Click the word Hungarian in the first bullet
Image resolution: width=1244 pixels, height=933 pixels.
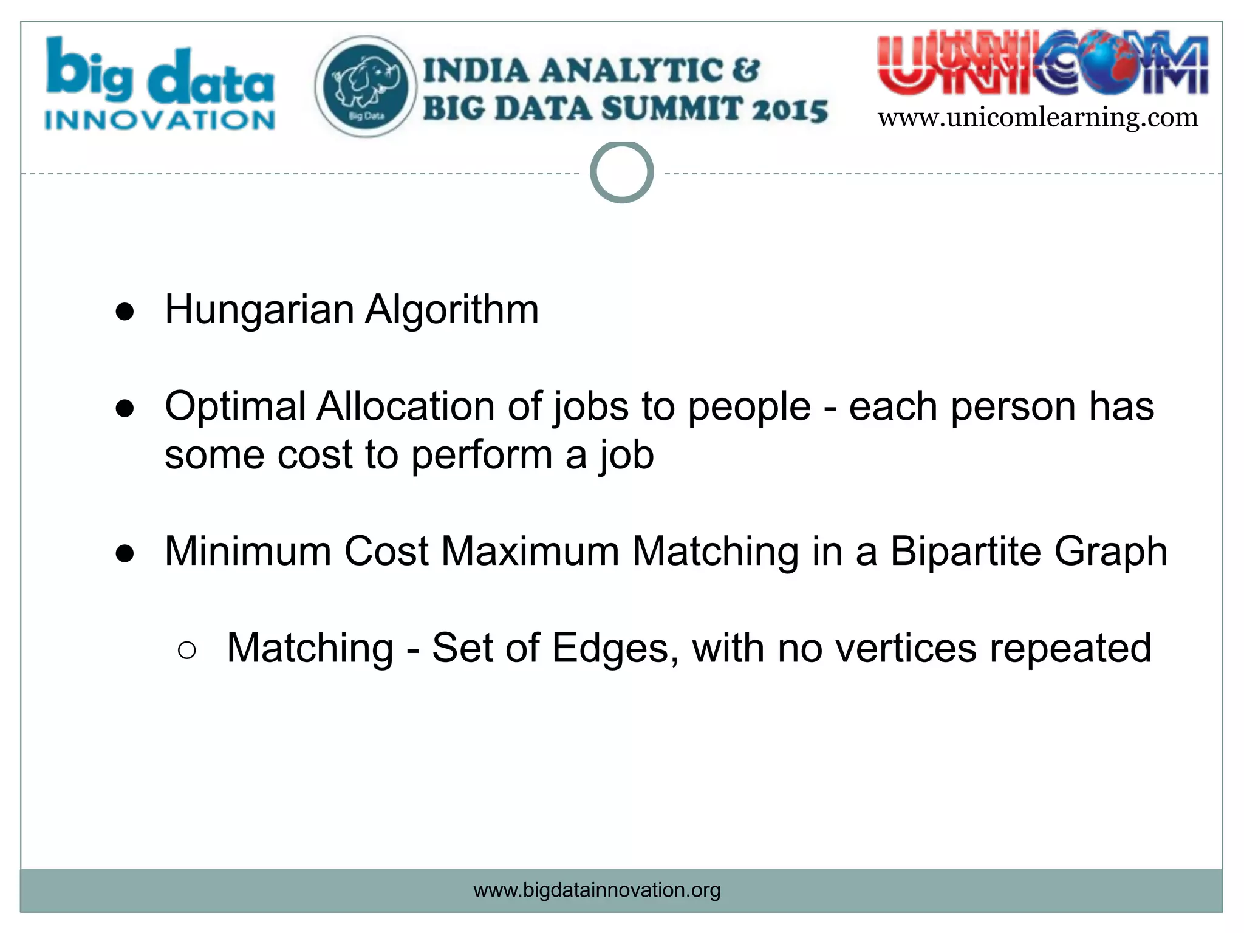pos(259,310)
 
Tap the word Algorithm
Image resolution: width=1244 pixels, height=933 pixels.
pos(451,310)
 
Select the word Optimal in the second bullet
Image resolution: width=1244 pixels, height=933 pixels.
pos(234,406)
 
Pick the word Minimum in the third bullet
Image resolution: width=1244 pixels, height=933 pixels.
pos(248,552)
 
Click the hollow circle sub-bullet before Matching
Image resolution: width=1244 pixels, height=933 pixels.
pos(187,651)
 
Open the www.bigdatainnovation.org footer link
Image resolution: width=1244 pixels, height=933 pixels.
pos(596,890)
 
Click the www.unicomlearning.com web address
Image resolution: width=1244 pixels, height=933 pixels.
pos(1037,117)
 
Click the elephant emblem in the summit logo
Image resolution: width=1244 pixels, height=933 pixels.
pos(366,86)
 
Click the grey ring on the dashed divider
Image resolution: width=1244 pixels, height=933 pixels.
pos(621,173)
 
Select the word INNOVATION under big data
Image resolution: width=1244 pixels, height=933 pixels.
pos(160,120)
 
